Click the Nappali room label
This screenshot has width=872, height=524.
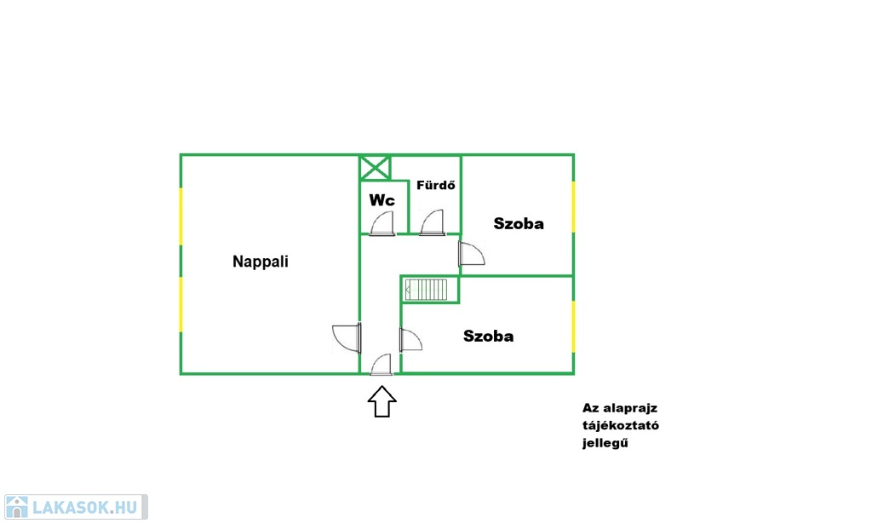coord(261,262)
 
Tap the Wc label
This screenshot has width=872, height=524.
coord(382,200)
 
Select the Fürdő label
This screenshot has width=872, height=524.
coord(435,185)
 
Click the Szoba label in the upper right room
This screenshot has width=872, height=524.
coord(519,223)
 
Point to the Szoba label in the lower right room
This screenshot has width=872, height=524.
coord(488,336)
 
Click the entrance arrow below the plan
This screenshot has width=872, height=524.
coord(382,401)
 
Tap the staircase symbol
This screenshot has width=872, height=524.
coord(426,290)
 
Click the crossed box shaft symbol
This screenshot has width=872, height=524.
coord(375,168)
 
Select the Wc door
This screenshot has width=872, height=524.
coord(382,223)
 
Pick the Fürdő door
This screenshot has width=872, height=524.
coord(432,223)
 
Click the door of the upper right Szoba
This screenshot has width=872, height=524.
coord(472,254)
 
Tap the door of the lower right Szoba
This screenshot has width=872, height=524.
coord(411,340)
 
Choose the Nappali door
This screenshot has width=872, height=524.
coord(347,338)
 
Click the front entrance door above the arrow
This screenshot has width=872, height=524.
coord(381,365)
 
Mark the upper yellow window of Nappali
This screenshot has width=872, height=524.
coord(181,216)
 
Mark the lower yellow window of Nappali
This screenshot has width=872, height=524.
coord(181,304)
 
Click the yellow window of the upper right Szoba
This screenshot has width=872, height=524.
coord(573,206)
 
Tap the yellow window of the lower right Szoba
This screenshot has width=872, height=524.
coord(573,326)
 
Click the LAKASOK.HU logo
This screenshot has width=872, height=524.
coord(76,507)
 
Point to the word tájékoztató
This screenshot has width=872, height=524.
coord(621,426)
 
